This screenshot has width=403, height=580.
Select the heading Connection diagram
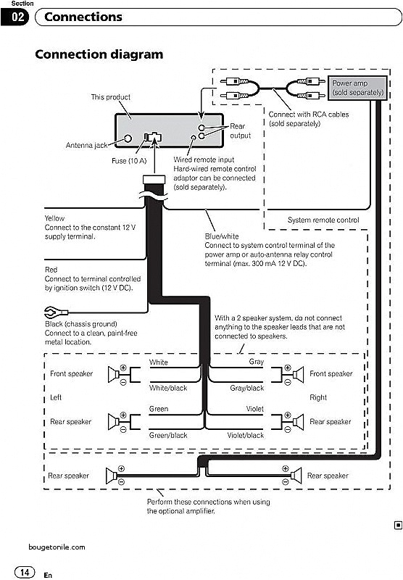click(99, 54)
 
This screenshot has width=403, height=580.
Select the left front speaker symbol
click(115, 374)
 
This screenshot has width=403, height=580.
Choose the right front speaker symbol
click(295, 374)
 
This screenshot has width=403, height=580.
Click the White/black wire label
click(167, 389)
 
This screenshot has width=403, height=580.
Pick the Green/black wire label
click(168, 436)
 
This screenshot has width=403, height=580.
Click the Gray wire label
click(257, 361)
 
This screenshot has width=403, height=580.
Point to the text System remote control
click(323, 220)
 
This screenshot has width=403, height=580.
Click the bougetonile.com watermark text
click(57, 547)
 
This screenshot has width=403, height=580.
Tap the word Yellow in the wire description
click(55, 218)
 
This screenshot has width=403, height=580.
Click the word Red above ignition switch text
click(51, 269)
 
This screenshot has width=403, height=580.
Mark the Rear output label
click(241, 131)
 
